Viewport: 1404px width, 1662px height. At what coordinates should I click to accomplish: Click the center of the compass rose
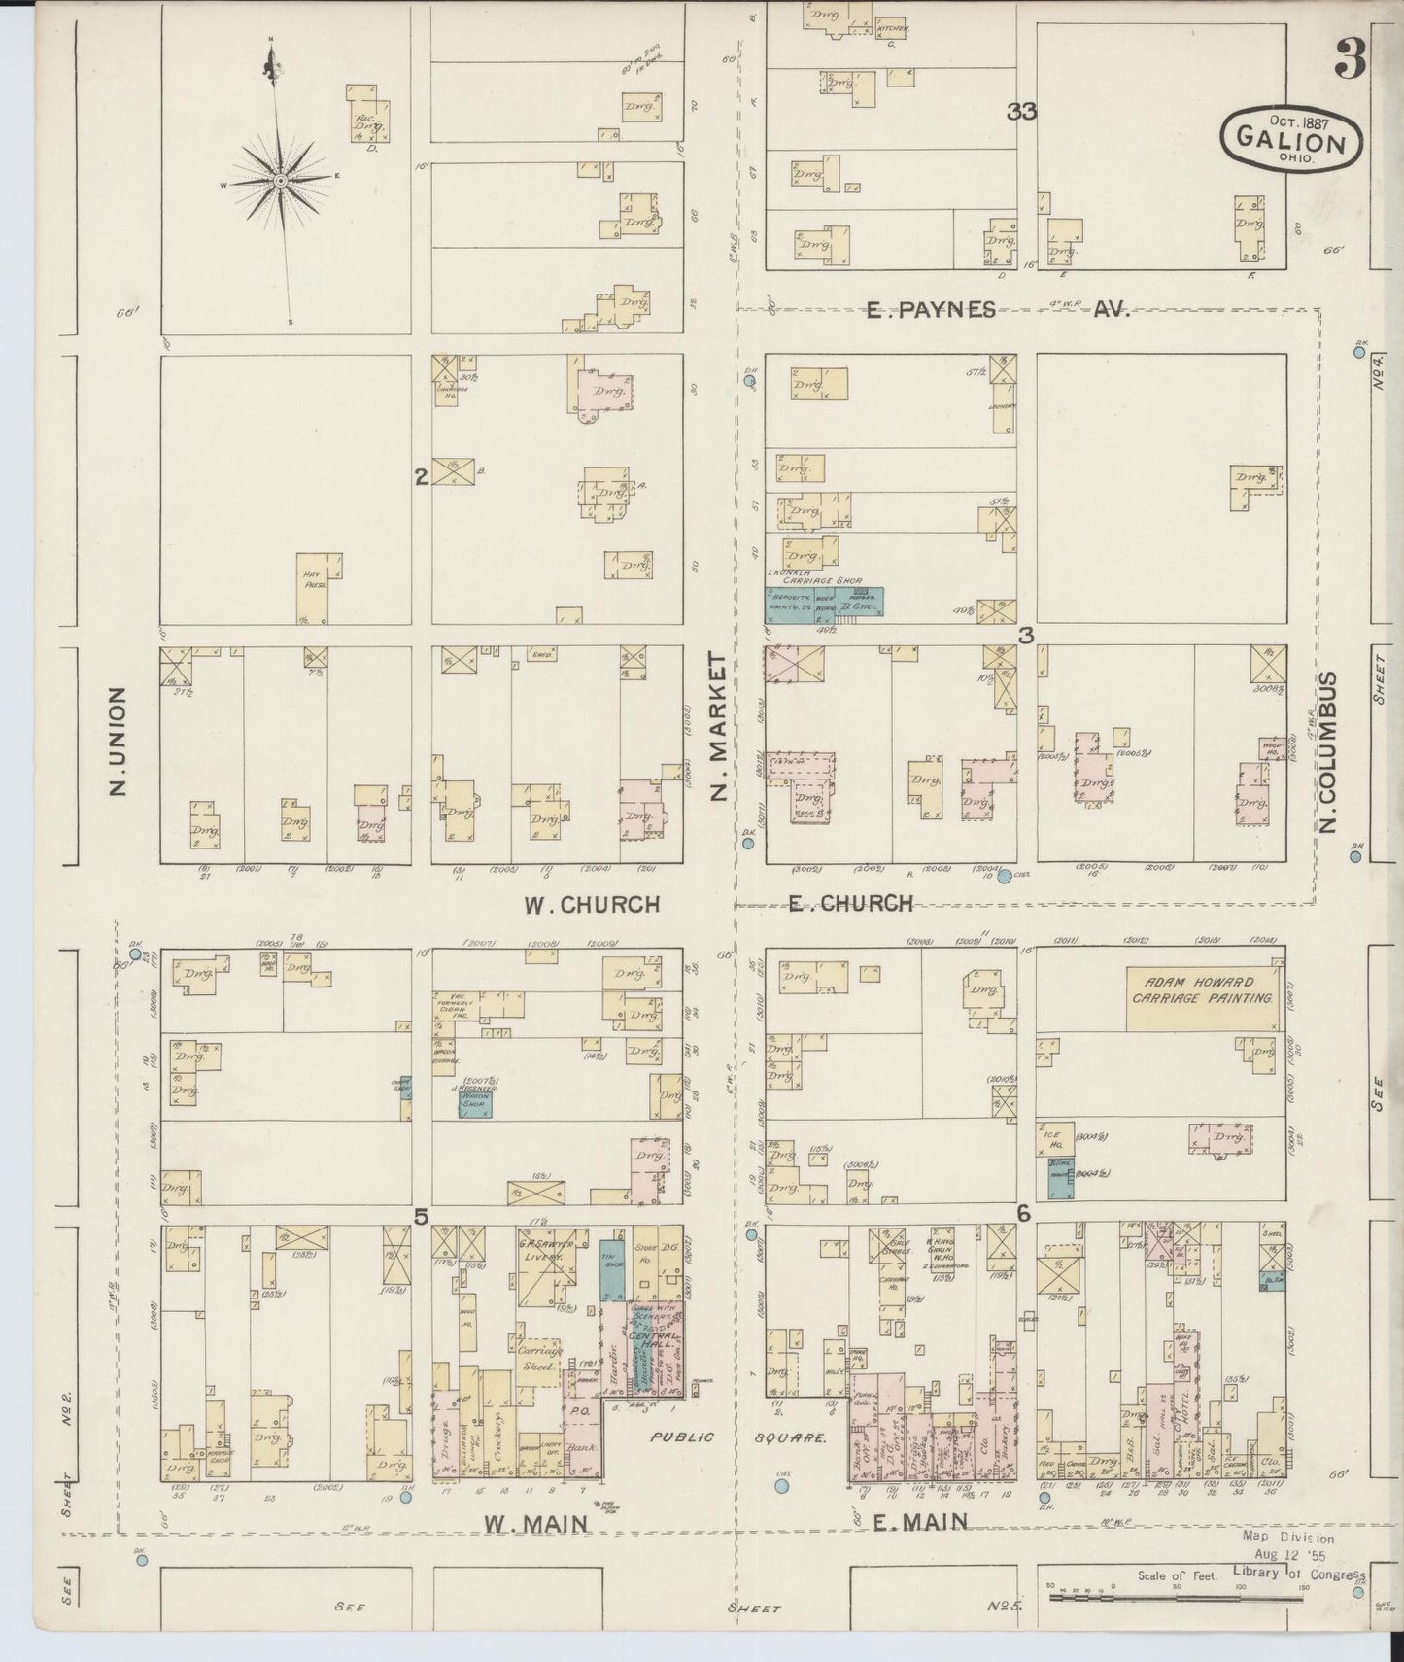pyautogui.click(x=279, y=181)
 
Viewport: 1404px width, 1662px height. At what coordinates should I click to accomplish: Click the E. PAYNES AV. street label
pyautogui.click(x=997, y=310)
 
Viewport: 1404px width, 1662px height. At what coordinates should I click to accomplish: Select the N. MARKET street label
pyautogui.click(x=718, y=726)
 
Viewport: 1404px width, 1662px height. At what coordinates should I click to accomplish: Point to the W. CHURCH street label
pyautogui.click(x=592, y=905)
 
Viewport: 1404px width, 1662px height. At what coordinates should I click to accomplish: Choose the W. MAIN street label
pyautogui.click(x=536, y=1524)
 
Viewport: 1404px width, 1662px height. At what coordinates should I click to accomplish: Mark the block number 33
pyautogui.click(x=1022, y=112)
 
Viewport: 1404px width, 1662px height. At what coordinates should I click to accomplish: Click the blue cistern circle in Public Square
pyautogui.click(x=782, y=1485)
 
